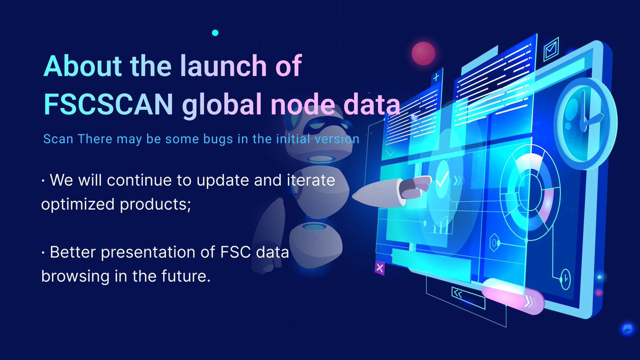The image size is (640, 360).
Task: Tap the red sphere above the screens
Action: click(x=424, y=52)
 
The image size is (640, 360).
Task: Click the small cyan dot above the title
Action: click(x=215, y=33)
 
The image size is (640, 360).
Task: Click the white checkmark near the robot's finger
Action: click(x=442, y=180)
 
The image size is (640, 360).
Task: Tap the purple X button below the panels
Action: click(x=380, y=268)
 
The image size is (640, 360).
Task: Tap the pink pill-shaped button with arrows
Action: click(x=512, y=297)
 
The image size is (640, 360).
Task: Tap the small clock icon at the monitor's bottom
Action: click(x=564, y=277)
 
